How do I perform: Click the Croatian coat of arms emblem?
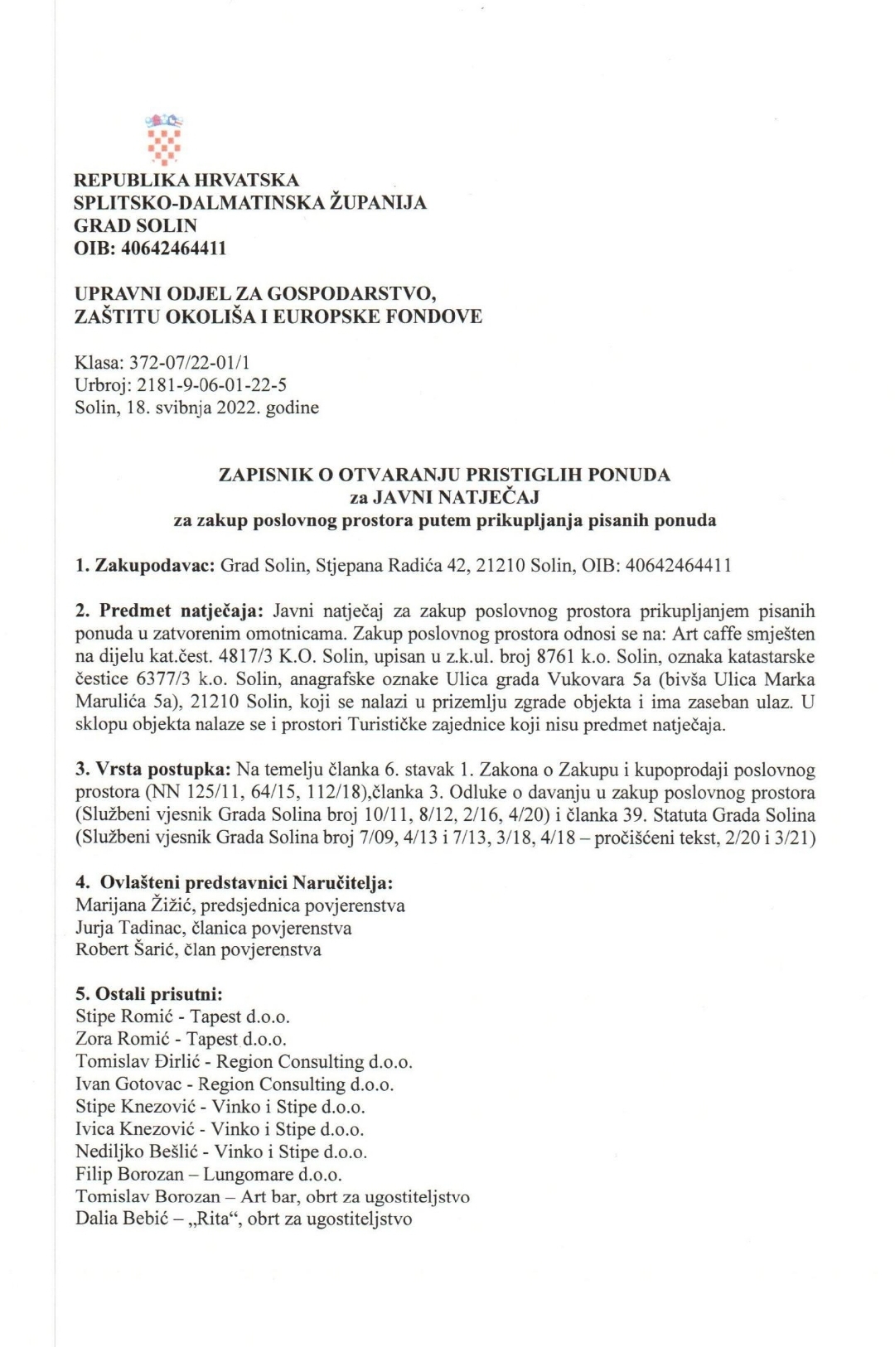(x=164, y=138)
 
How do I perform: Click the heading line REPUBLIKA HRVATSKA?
(x=186, y=180)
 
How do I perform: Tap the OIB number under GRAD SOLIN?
(x=173, y=248)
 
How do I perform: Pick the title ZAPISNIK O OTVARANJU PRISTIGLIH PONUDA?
(x=444, y=475)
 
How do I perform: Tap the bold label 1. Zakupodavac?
(x=145, y=566)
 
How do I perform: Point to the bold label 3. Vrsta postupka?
(x=153, y=770)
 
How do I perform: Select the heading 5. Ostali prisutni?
(x=149, y=994)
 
